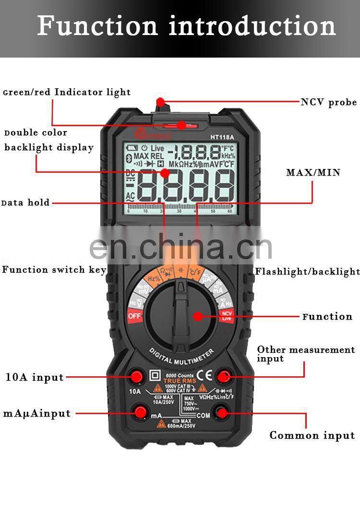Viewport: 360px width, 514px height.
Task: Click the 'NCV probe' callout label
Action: pos(328,102)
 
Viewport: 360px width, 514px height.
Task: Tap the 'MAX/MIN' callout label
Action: pos(313,172)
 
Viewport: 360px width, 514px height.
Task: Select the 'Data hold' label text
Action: pos(26,203)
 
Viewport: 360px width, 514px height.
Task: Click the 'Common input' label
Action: pos(312,435)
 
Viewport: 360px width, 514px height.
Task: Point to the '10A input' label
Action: pos(35,377)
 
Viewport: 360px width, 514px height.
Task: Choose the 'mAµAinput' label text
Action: pos(37,413)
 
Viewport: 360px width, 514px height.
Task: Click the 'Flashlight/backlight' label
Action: pos(307,272)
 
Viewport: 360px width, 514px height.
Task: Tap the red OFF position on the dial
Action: pos(134,316)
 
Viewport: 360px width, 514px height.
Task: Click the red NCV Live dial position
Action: pos(226,315)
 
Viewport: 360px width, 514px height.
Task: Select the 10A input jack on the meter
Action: pos(136,377)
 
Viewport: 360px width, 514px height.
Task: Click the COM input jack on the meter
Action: pos(222,411)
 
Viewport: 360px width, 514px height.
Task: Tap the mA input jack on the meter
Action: pos(141,411)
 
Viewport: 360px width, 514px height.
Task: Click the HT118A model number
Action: pos(222,137)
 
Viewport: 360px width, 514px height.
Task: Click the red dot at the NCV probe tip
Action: pos(160,102)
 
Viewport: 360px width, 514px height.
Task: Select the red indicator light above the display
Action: pos(180,126)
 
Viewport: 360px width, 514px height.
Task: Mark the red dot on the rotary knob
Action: pos(197,316)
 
